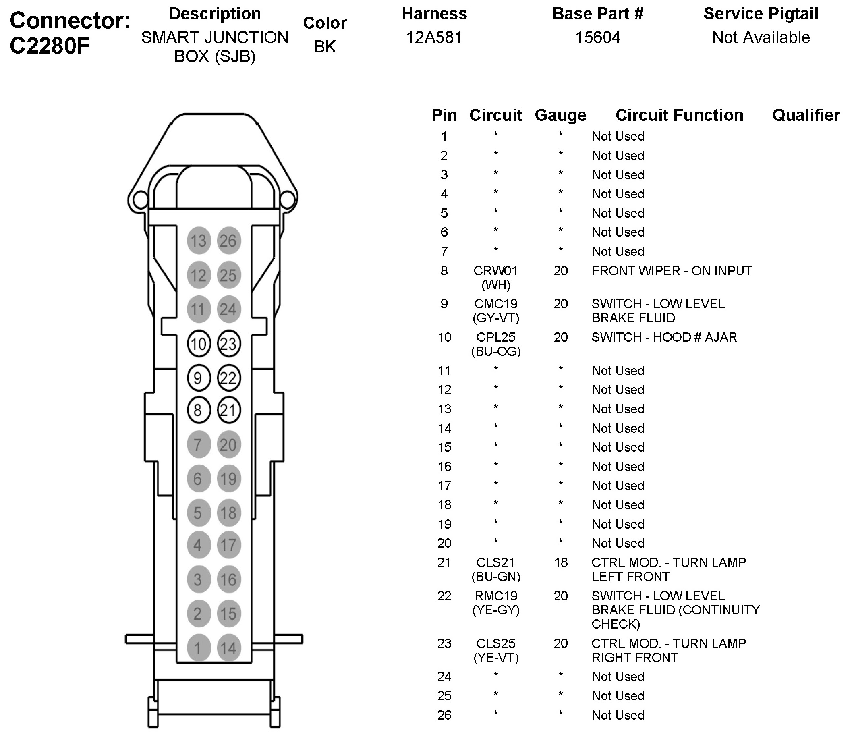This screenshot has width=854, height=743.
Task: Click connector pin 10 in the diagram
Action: tap(199, 344)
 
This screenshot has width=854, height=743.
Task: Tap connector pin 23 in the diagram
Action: tap(228, 344)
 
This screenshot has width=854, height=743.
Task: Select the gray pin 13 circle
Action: tap(199, 241)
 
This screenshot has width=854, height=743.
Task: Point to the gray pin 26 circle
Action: tap(228, 241)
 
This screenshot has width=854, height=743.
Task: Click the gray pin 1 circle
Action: tap(199, 648)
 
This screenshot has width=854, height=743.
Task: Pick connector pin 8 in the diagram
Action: tap(199, 410)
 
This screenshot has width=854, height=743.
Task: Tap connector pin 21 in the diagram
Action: tap(228, 410)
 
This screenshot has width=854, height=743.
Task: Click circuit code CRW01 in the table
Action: tap(495, 271)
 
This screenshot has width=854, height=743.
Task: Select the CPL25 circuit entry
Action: tap(495, 337)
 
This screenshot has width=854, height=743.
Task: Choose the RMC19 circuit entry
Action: tap(496, 596)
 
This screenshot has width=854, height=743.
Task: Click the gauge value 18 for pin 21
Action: tap(560, 562)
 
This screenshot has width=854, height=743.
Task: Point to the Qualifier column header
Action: tap(806, 115)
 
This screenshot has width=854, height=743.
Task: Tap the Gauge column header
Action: tap(560, 115)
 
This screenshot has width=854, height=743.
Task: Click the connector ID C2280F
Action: tap(50, 46)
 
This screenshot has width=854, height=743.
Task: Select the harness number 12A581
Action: tap(433, 38)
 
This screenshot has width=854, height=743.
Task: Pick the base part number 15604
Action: tap(597, 38)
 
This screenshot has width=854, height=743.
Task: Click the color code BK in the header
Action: tap(325, 46)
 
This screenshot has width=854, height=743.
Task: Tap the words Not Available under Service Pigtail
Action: tap(761, 38)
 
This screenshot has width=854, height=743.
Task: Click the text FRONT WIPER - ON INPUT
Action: tap(672, 271)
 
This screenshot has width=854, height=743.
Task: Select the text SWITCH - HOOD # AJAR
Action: tap(664, 337)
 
